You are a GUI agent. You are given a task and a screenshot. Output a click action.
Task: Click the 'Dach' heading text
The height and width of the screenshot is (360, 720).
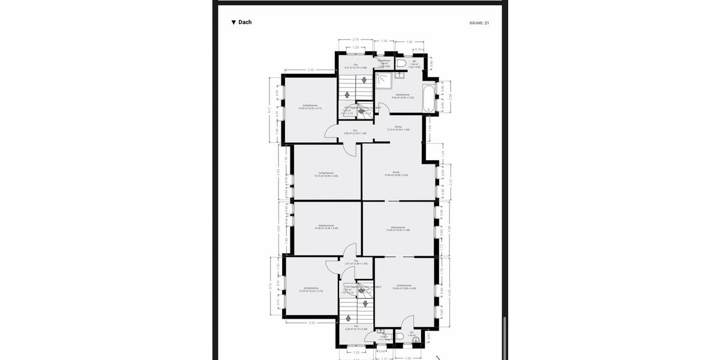pos(245,22)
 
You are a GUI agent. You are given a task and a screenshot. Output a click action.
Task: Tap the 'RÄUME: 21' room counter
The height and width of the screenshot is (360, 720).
pos(479,23)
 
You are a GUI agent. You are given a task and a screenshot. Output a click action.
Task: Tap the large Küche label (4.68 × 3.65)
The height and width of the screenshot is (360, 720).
pos(396,173)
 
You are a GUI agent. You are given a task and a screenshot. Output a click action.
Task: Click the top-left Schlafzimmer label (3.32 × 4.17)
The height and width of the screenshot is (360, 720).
pos(310,107)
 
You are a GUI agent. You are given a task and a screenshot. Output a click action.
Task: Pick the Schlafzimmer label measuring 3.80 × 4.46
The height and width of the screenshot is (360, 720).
pos(404,287)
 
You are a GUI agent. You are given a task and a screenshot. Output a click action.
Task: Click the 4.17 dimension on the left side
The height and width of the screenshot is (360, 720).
pos(269,109)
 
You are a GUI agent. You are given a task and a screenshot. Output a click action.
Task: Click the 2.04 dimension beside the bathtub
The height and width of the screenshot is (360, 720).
pos(450,96)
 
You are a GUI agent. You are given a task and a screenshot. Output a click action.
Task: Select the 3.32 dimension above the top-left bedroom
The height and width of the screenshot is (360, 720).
pos(311,70)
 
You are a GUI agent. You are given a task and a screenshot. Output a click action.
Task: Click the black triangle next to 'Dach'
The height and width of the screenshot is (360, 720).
pos(233,22)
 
